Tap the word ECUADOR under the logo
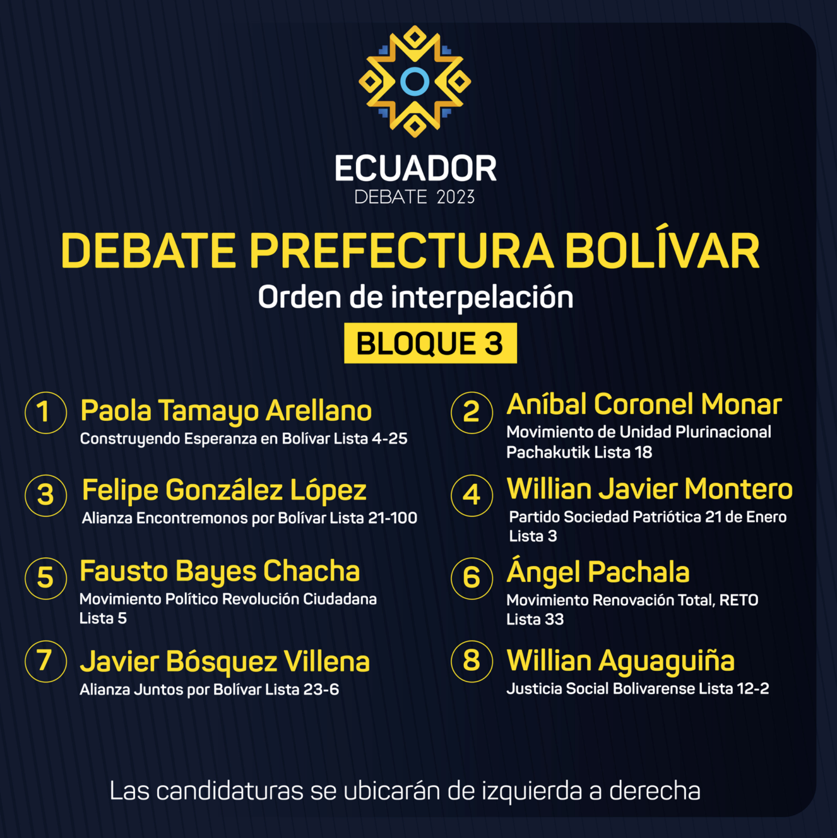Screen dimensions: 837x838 415,168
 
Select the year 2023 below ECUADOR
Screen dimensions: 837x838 456,197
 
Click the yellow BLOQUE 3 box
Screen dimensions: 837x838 430,343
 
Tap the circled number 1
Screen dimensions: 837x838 45,413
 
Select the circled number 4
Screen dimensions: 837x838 472,495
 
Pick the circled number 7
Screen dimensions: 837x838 45,661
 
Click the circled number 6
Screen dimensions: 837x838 472,579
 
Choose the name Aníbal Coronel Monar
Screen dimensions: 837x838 644,404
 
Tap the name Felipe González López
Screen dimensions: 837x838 224,491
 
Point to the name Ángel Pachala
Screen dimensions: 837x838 598,571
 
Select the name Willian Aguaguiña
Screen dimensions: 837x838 620,661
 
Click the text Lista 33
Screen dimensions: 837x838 535,619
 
